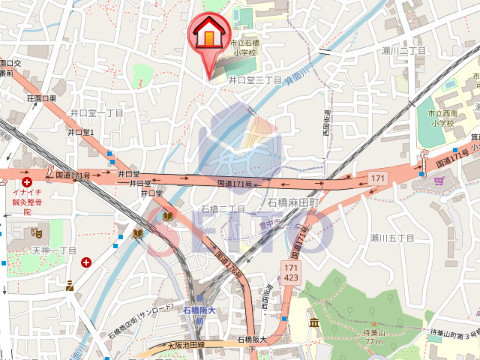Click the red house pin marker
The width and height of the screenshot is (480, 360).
[208, 34]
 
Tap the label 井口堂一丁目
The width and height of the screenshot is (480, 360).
[95, 113]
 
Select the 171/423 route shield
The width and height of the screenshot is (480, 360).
[289, 273]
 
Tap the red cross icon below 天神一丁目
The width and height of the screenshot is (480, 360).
[87, 263]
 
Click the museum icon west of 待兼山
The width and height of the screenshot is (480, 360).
[313, 324]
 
